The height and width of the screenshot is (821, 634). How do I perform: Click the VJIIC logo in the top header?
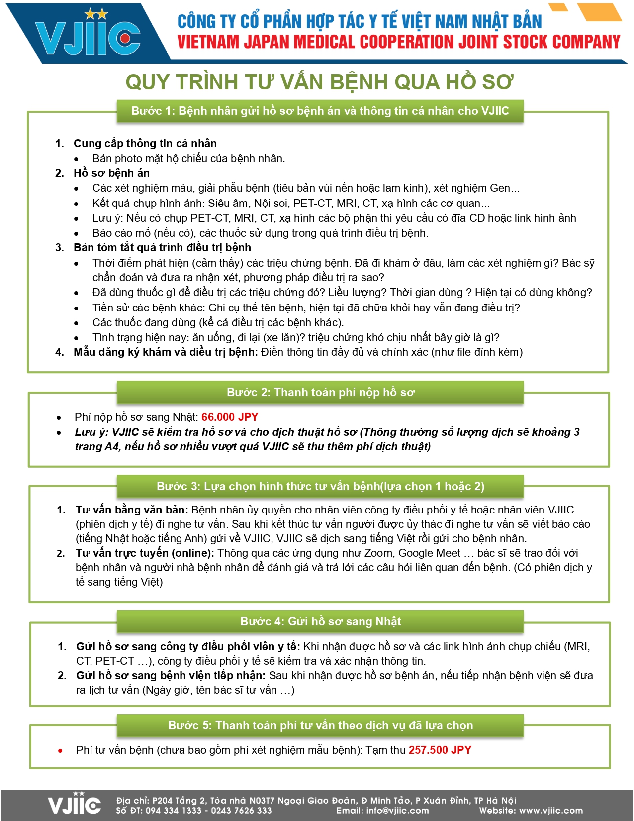click(88, 35)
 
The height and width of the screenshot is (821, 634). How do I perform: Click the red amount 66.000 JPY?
click(230, 417)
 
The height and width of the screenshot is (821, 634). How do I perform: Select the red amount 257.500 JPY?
click(440, 750)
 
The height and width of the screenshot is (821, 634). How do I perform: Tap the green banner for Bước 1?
click(320, 111)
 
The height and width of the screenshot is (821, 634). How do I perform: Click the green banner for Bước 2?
click(320, 392)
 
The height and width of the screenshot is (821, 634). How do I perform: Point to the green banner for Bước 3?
click(320, 486)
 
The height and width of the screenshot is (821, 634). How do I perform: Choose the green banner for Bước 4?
click(320, 621)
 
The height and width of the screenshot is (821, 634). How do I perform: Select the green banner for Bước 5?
click(320, 725)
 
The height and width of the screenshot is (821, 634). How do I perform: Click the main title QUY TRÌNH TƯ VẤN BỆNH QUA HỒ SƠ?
click(319, 82)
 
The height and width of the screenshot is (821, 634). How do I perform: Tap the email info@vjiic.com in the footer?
click(397, 811)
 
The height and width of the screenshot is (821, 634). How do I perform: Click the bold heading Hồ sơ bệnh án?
click(111, 173)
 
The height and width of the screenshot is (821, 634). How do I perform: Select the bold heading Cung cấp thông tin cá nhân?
click(145, 143)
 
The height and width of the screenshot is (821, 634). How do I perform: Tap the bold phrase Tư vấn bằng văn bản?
click(132, 510)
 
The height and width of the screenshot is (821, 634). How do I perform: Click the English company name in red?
click(398, 42)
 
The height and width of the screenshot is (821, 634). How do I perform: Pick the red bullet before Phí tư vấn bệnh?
click(60, 751)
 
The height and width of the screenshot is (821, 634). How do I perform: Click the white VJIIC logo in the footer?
click(74, 804)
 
